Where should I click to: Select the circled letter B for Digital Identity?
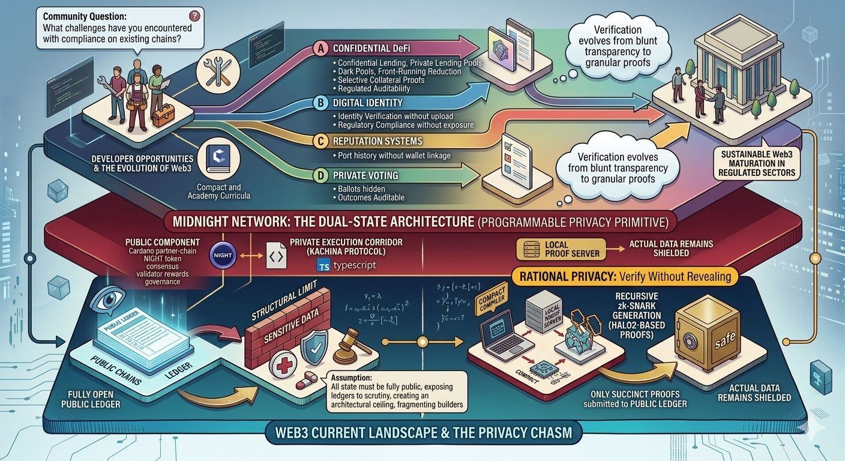coord(322,103)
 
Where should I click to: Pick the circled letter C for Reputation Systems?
coord(322,141)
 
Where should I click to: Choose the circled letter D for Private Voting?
coord(322,176)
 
